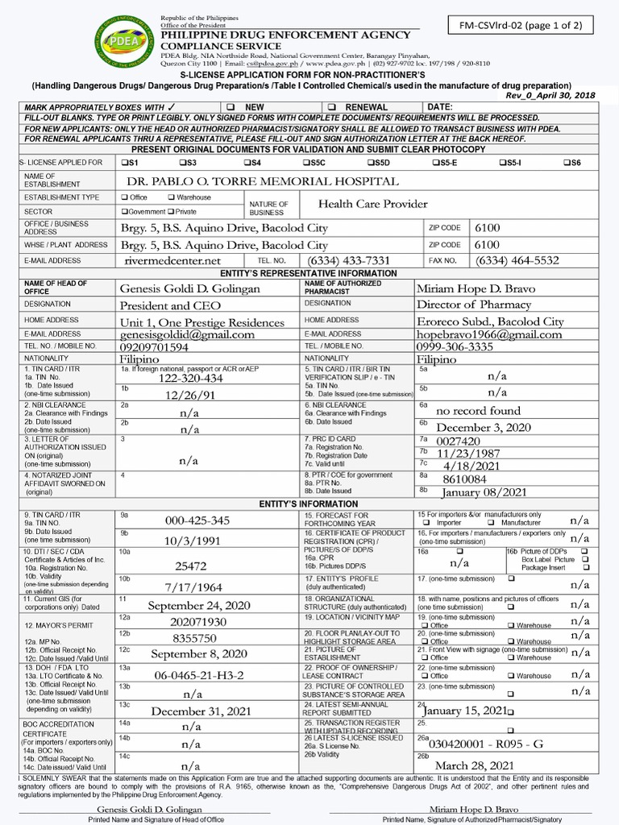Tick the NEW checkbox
click(x=231, y=107)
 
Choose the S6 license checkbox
click(x=566, y=163)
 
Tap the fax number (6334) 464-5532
click(x=517, y=260)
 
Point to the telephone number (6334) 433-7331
click(x=348, y=260)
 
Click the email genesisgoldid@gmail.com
click(x=187, y=334)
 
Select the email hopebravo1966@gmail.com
click(x=489, y=334)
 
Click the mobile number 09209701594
click(x=155, y=347)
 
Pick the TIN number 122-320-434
click(x=190, y=378)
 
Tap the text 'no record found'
click(x=478, y=411)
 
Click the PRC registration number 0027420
click(x=458, y=441)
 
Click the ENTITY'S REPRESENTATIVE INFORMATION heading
click(x=309, y=274)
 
